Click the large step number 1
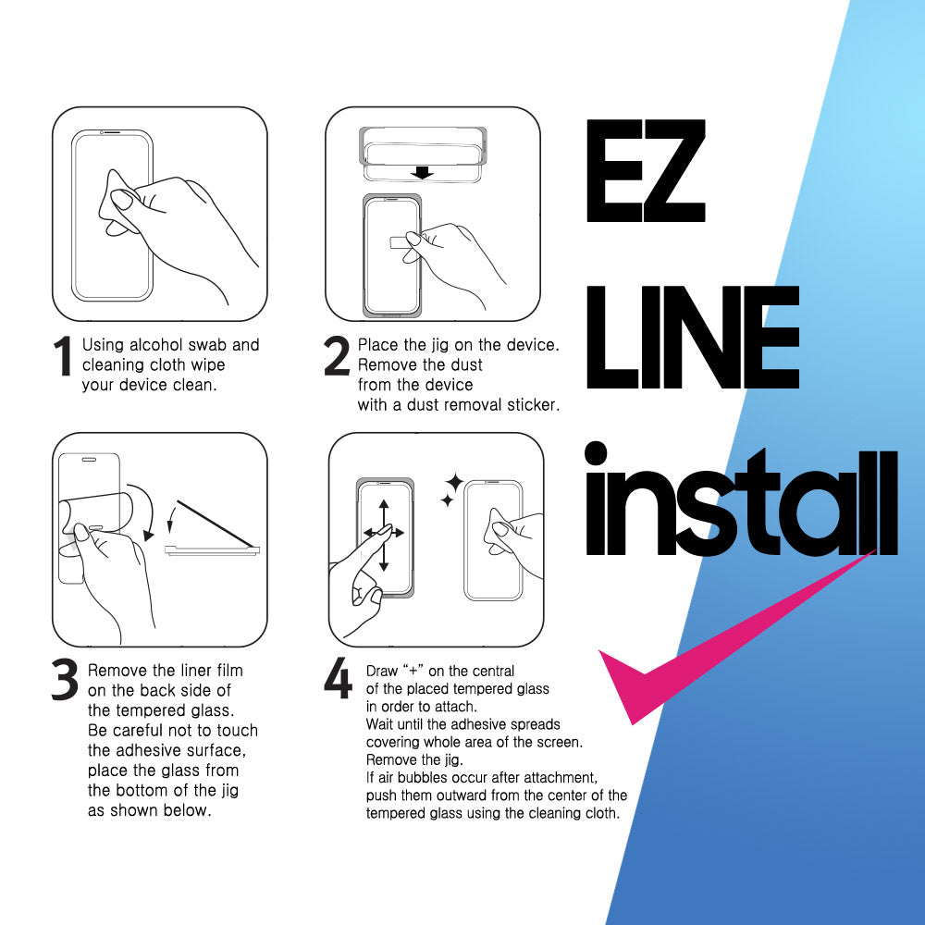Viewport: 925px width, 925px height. pos(63,356)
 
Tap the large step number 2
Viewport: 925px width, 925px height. pos(337,356)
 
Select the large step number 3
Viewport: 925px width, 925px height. pos(65,679)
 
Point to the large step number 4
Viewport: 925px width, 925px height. pos(338,678)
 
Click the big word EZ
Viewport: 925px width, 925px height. pos(646,170)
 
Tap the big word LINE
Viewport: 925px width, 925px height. pos(693,337)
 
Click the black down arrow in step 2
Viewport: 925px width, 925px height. pos(423,173)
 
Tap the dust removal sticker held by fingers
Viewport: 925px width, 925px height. pos(400,241)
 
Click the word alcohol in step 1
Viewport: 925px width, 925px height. pos(155,345)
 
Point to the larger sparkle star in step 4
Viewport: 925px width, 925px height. pos(454,482)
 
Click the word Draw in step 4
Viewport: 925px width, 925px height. pos(382,671)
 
